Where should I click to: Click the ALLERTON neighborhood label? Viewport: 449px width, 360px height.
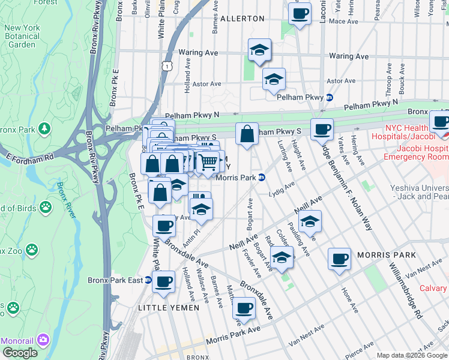pos(243,19)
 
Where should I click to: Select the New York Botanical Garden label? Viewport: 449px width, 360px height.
pos(23,36)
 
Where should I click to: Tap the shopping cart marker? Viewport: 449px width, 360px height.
pos(208,161)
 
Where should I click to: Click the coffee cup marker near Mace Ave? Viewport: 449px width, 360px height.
pos(300,13)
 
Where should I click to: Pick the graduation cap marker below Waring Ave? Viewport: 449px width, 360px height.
pos(259,50)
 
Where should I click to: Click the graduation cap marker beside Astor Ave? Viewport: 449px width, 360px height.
pos(274,79)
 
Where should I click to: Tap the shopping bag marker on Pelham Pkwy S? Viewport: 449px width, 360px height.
pos(247,134)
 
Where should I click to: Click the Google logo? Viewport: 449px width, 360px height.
pos(20,352)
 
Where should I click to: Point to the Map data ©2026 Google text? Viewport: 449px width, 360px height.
pos(411,355)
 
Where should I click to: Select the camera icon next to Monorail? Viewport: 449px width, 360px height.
pos(43,340)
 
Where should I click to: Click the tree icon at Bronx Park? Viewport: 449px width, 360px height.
pos(44,129)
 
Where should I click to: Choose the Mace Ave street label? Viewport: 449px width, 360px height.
pos(343,22)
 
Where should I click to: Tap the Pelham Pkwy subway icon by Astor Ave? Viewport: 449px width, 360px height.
pos(329,97)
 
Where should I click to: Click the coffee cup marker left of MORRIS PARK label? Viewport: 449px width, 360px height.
pos(340,258)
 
